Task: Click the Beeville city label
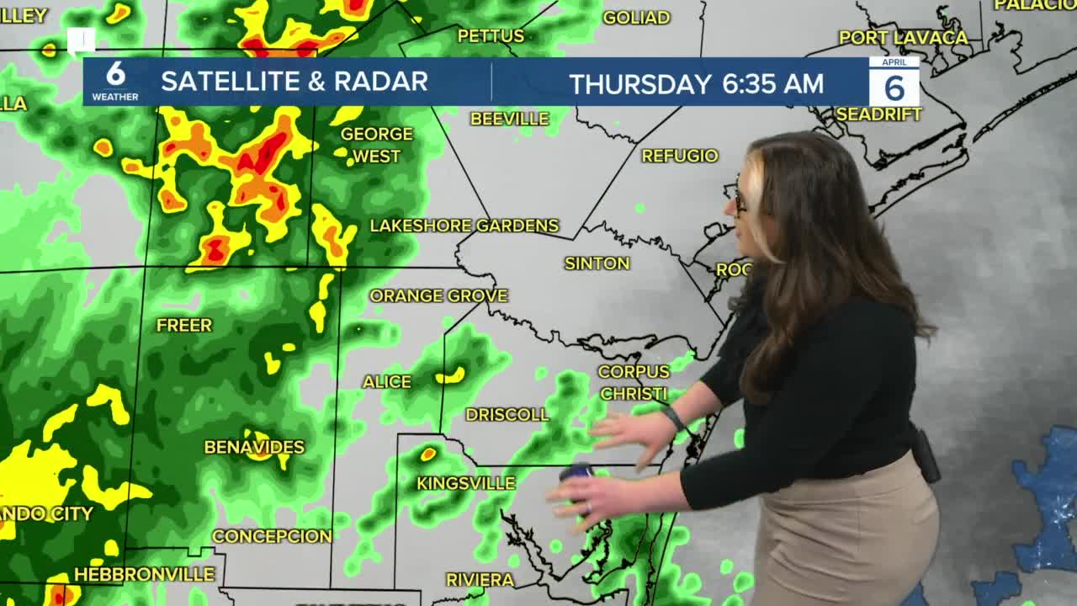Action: [x=509, y=119]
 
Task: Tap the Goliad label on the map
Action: [x=636, y=18]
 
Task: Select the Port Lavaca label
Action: [x=904, y=38]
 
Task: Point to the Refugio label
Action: [x=680, y=156]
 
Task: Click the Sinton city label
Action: [x=597, y=263]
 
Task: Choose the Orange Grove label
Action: [x=438, y=295]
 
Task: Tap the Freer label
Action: [x=184, y=325]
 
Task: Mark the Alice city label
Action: [x=387, y=382]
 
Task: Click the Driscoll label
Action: [x=507, y=414]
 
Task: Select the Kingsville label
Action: [x=465, y=483]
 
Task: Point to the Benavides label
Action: [x=254, y=447]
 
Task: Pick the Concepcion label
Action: [x=272, y=536]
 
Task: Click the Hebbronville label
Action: [x=144, y=575]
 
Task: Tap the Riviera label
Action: [x=480, y=580]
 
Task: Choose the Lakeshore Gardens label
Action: [x=464, y=226]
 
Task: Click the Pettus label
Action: [x=491, y=36]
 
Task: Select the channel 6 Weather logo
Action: [x=115, y=81]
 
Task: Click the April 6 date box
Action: [x=894, y=82]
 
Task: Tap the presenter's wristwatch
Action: [x=673, y=417]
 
